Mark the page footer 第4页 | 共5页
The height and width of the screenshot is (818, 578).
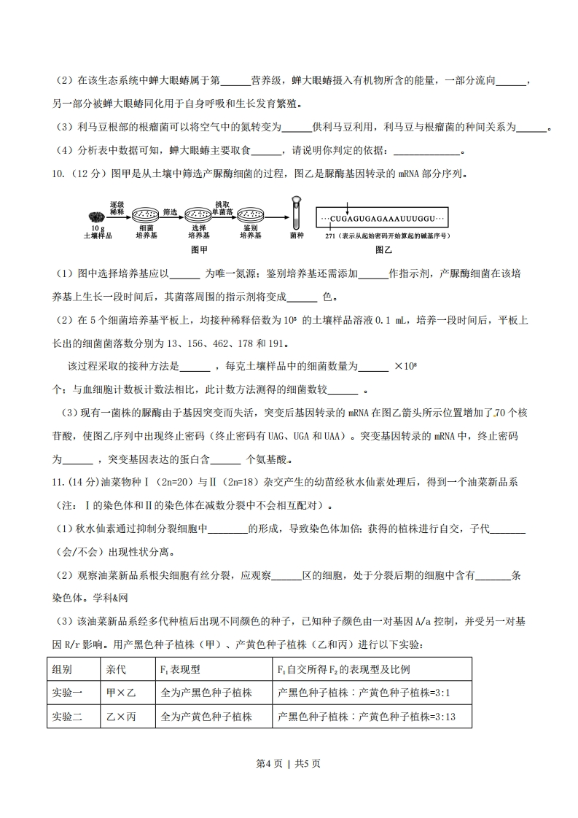pos(289,764)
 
